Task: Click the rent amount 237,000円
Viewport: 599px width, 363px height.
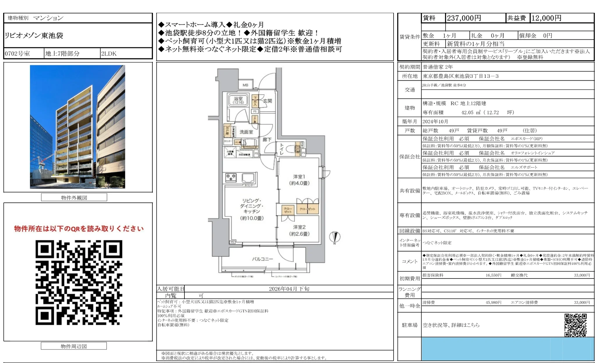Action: [464, 18]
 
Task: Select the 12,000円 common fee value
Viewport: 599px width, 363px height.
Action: [546, 18]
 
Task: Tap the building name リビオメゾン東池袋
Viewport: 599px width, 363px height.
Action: [34, 36]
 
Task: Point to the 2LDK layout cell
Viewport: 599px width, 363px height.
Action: [109, 54]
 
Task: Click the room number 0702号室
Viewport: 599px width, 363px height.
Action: [17, 54]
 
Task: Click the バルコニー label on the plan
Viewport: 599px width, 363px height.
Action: [262, 259]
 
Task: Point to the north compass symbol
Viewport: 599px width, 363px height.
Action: [335, 237]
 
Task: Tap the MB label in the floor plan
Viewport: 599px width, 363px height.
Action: [245, 85]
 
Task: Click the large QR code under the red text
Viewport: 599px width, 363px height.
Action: [79, 282]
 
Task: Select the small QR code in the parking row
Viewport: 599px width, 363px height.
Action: [575, 325]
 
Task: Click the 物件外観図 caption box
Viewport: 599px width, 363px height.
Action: [74, 198]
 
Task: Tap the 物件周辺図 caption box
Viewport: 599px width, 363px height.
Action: [74, 346]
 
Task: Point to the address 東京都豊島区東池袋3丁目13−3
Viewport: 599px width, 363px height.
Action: [461, 76]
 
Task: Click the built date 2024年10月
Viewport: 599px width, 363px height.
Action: [435, 121]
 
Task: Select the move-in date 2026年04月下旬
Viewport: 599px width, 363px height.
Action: [289, 289]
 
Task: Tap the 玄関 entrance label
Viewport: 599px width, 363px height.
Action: [267, 101]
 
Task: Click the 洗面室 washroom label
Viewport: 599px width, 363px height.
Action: [246, 132]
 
